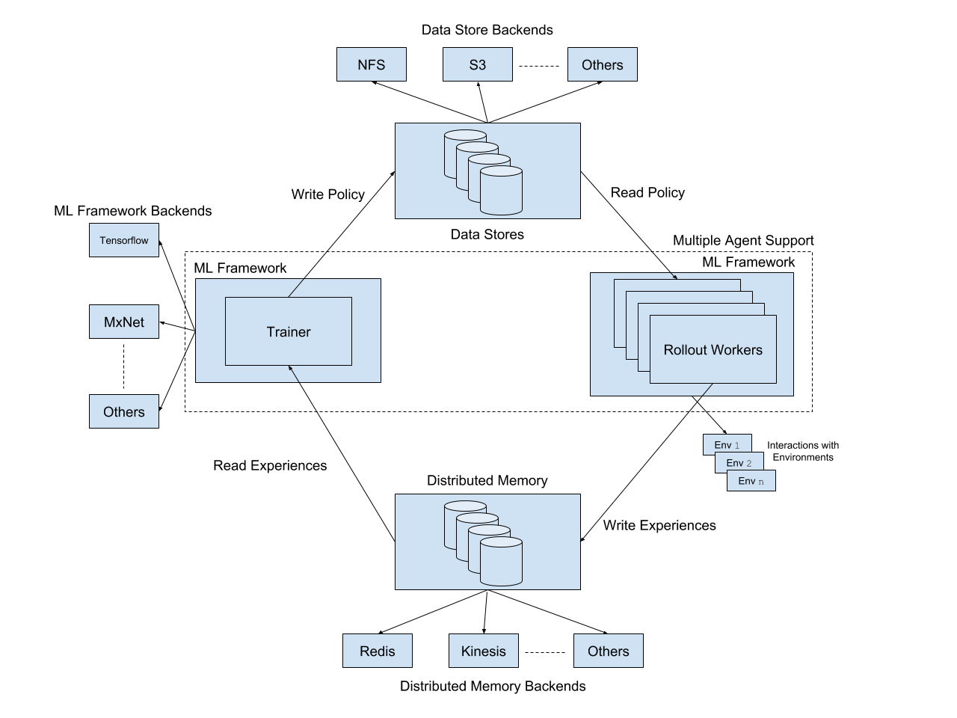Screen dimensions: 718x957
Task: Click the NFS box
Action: tap(372, 64)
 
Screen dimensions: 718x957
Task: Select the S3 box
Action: tap(478, 64)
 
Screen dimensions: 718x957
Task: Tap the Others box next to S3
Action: tap(603, 64)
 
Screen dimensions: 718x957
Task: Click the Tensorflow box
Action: tap(124, 240)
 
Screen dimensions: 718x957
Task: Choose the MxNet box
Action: tap(124, 322)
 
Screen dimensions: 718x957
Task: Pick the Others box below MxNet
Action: tap(124, 411)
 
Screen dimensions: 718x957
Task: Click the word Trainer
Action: tap(289, 332)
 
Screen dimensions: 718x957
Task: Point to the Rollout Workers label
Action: tap(713, 350)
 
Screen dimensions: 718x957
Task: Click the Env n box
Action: tap(751, 481)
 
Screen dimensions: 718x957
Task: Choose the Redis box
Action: tap(378, 651)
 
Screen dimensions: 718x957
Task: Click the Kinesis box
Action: tap(484, 651)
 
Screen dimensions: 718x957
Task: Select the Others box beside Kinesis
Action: tap(609, 651)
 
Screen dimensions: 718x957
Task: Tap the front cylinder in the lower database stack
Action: tap(501, 562)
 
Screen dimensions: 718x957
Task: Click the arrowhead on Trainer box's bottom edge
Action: tap(291, 369)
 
